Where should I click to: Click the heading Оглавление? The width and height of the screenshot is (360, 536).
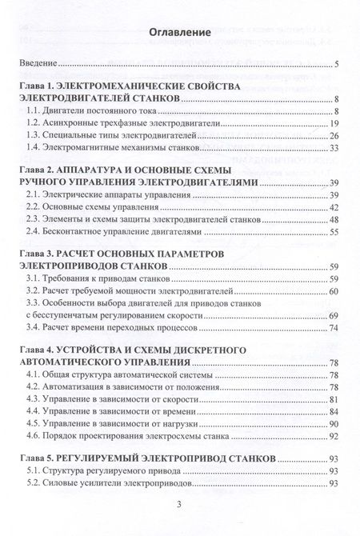(179, 32)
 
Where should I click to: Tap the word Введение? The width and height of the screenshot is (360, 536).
(40, 64)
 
